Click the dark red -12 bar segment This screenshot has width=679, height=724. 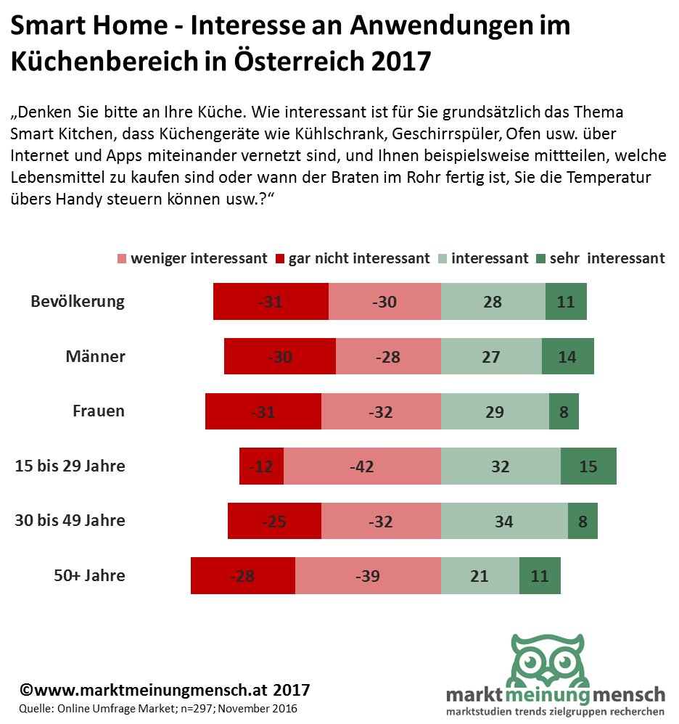tap(261, 466)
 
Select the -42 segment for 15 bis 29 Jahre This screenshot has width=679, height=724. tap(362, 466)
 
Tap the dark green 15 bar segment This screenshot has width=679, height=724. tap(588, 466)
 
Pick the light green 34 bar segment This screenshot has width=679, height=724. tap(504, 521)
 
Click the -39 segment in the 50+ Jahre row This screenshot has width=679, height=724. tap(368, 576)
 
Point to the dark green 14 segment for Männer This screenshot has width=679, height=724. tap(568, 356)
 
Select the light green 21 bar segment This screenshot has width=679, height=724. tap(480, 576)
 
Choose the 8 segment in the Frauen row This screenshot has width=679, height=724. tap(564, 411)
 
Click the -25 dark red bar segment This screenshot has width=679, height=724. tap(274, 521)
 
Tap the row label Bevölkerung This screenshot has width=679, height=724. tap(78, 302)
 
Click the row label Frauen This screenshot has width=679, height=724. tap(99, 411)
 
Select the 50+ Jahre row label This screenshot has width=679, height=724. tap(89, 576)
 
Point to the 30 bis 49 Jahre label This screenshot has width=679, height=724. tap(70, 521)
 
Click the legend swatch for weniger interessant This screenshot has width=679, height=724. tap(121, 259)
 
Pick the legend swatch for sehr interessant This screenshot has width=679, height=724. tap(540, 259)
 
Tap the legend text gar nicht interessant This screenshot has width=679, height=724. tap(359, 259)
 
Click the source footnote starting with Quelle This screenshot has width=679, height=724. tap(158, 708)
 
